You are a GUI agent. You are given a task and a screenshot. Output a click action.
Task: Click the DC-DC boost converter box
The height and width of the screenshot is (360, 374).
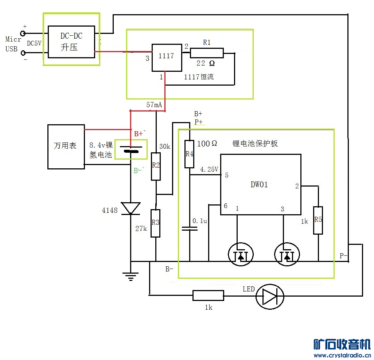pyautogui.click(x=71, y=42)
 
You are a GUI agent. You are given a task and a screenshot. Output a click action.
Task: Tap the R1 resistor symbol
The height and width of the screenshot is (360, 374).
pyautogui.click(x=207, y=53)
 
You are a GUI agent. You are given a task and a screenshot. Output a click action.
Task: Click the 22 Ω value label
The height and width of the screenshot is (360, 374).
pyautogui.click(x=206, y=63)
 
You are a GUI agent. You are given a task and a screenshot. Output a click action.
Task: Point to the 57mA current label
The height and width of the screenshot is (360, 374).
pyautogui.click(x=154, y=105)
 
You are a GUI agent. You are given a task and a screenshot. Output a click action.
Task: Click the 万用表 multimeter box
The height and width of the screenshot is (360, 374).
pyautogui.click(x=66, y=146)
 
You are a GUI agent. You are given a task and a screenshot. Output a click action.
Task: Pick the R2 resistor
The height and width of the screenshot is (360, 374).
pyautogui.click(x=156, y=166)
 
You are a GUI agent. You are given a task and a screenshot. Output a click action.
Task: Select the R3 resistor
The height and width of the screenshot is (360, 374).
pyautogui.click(x=156, y=223)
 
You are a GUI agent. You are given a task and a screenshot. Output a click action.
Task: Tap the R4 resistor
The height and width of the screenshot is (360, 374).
pyautogui.click(x=189, y=154)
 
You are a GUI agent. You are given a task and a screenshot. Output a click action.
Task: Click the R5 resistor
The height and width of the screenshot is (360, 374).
pyautogui.click(x=318, y=220)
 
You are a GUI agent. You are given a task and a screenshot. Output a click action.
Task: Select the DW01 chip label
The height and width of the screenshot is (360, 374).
pyautogui.click(x=259, y=185)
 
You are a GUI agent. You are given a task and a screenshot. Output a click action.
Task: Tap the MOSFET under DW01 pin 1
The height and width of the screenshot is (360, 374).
pyautogui.click(x=241, y=254)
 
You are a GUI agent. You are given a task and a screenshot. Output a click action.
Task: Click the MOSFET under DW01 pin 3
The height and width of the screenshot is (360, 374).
pyautogui.click(x=287, y=254)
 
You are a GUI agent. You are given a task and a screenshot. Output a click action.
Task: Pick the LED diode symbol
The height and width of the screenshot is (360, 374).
pyautogui.click(x=270, y=295)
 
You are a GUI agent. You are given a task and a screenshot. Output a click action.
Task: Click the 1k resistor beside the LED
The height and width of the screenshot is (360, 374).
pyautogui.click(x=208, y=296)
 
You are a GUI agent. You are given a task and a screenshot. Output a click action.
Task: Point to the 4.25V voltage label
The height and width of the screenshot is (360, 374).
pyautogui.click(x=209, y=169)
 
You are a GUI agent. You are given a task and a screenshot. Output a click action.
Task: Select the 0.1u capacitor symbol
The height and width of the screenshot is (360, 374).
pyautogui.click(x=190, y=228)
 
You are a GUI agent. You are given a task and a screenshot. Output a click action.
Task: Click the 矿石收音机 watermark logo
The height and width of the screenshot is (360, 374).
pyautogui.click(x=342, y=344)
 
